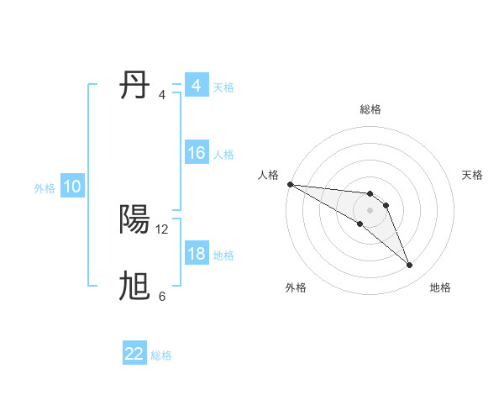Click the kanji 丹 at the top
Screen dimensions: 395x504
(135, 86)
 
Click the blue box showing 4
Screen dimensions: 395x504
(196, 86)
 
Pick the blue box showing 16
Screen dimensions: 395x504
(196, 153)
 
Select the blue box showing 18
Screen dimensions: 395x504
(196, 254)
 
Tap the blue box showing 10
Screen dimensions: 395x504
(71, 187)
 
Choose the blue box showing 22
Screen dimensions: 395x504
(134, 354)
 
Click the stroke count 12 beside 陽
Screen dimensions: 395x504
(162, 229)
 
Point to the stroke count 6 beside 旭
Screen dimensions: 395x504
(162, 297)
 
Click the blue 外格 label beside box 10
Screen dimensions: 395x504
(45, 188)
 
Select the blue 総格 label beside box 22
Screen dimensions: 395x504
(161, 355)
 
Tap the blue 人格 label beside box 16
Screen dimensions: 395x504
(223, 155)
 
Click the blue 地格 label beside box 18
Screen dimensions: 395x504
(223, 255)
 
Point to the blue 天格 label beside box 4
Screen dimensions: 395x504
(223, 87)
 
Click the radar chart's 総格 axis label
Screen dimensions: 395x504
(370, 109)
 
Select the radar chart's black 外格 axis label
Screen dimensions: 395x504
(296, 287)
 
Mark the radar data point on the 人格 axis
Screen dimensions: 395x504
(290, 184)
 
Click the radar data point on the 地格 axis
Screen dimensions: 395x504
(410, 266)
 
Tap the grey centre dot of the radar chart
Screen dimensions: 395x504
(370, 209)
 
